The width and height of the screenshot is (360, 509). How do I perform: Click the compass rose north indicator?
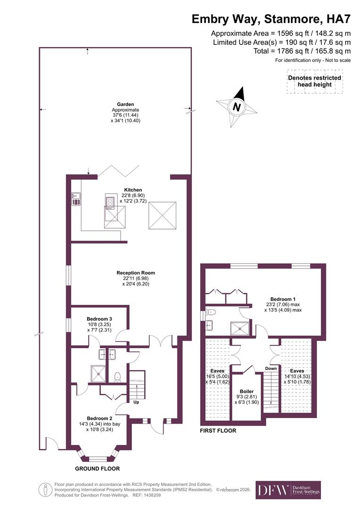tap(237, 107)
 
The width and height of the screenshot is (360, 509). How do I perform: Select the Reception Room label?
tap(136, 272)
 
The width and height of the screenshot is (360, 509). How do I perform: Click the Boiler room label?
tap(246, 391)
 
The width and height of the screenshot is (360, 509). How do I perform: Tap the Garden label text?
tap(126, 104)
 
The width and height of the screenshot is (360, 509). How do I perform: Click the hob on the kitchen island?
tap(110, 202)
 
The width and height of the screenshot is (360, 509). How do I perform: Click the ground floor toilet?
tap(117, 376)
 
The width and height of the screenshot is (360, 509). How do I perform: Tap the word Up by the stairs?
tap(136, 402)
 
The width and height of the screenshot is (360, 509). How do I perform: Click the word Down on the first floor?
tap(270, 369)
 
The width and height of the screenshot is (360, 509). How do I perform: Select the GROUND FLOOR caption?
tap(97, 468)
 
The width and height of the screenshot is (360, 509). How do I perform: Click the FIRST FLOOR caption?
tap(218, 431)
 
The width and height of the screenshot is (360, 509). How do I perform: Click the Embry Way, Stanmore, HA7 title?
tap(271, 19)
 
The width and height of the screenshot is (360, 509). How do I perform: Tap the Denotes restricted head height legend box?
tap(314, 82)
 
